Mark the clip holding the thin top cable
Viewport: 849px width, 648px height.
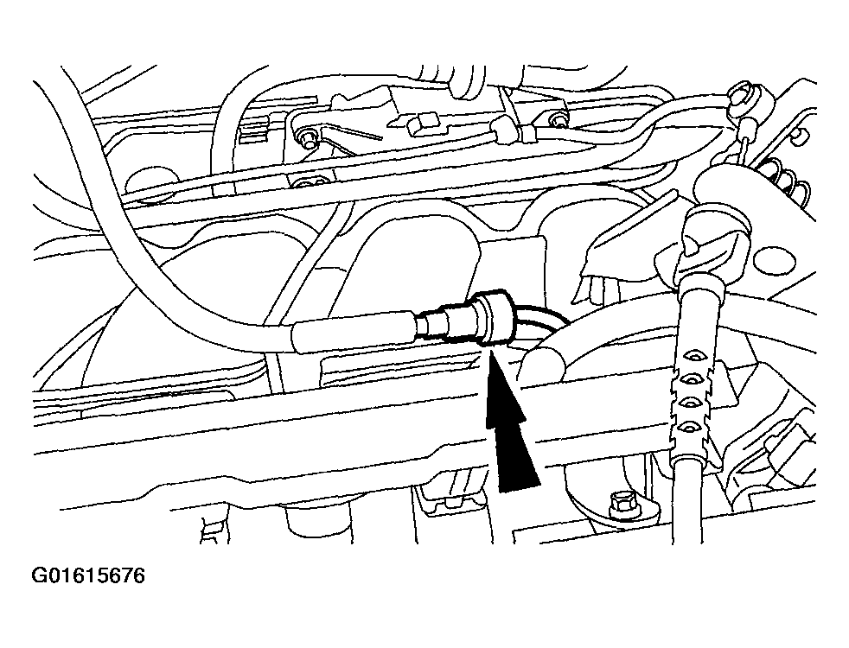pos(501,133)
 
